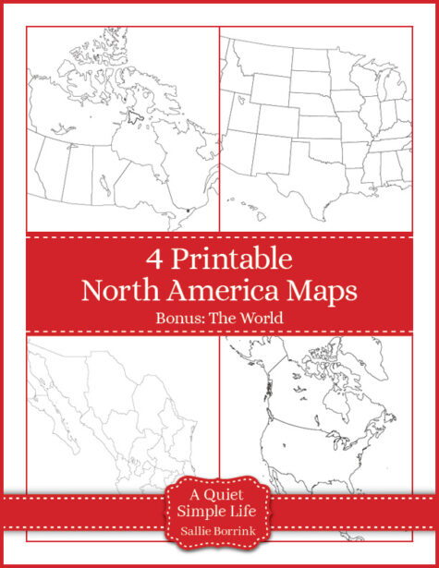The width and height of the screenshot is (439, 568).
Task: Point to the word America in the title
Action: (217, 291)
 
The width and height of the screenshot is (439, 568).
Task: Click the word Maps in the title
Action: (320, 292)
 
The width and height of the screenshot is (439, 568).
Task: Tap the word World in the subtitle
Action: (260, 319)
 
